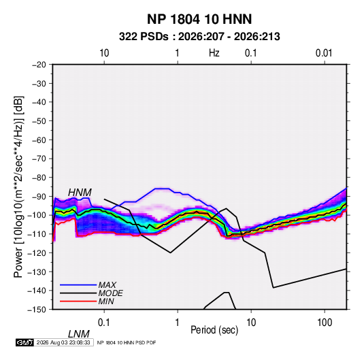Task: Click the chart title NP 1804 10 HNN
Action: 199,19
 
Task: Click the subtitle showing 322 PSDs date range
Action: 199,37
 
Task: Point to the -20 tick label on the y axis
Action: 39,65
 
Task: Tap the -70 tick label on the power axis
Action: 39,159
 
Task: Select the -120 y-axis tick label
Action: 37,253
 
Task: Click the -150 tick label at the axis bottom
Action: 37,310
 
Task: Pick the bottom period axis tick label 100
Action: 325,323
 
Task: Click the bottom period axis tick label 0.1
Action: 103,323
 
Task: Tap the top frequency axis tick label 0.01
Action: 324,53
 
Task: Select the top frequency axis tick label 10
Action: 104,53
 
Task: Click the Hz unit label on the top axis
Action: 214,53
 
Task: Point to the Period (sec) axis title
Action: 214,330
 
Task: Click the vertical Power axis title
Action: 18,186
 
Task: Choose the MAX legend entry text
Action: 107,284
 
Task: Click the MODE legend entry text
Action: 110,293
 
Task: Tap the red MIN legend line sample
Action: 78,301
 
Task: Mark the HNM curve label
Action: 80,193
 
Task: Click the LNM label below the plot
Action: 79,334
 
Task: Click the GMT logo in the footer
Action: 24,342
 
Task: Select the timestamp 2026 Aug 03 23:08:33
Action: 63,342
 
